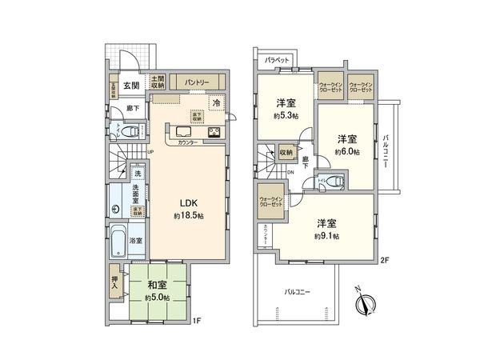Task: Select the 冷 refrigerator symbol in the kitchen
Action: tap(216, 102)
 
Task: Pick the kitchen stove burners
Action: tap(215, 132)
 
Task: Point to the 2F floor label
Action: tap(384, 260)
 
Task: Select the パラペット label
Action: tap(277, 59)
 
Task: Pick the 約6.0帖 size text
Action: tap(346, 151)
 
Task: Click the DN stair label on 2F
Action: tap(290, 172)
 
